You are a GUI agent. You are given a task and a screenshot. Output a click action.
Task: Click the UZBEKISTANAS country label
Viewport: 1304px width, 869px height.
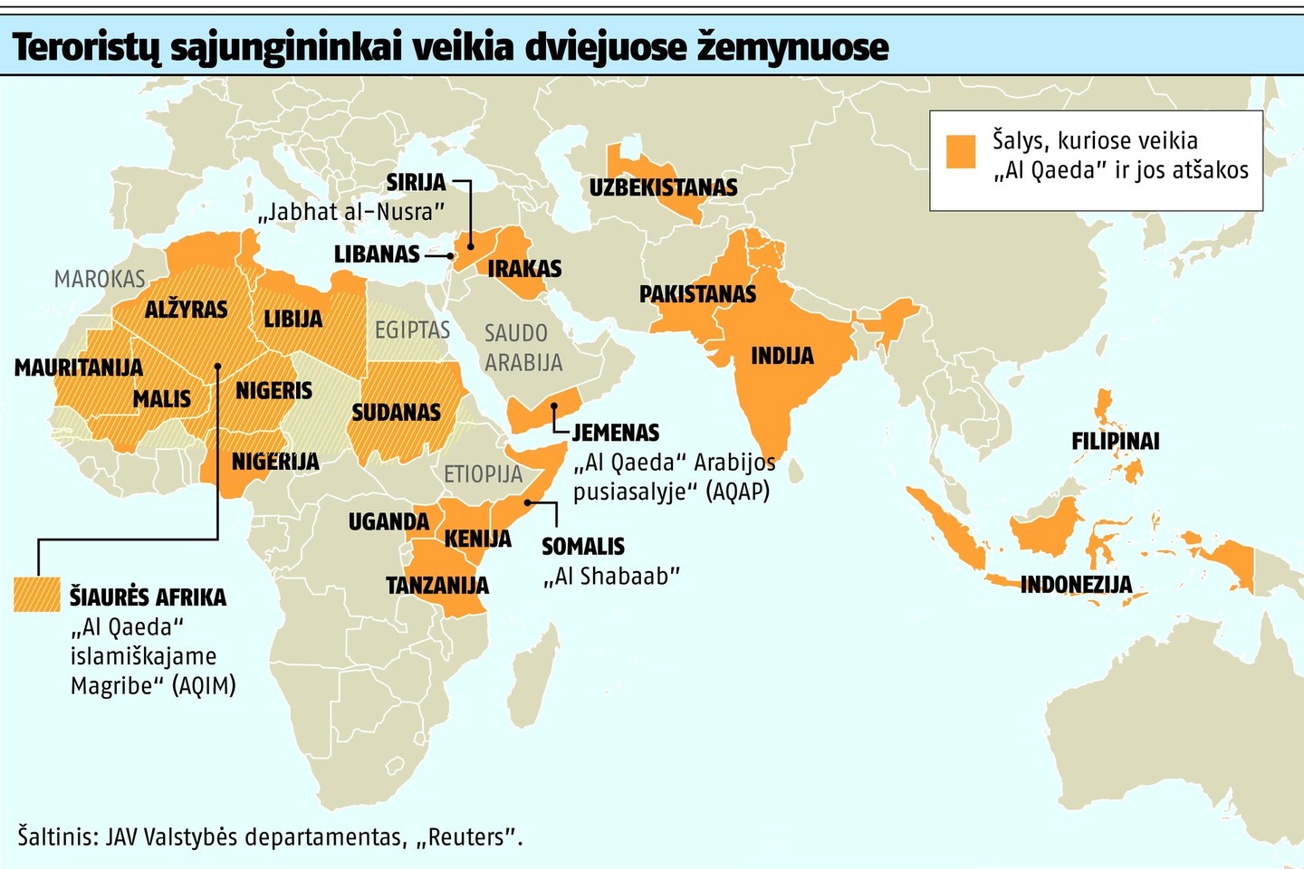tap(663, 187)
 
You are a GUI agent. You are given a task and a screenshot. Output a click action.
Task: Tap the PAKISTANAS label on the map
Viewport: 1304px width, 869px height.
tap(697, 293)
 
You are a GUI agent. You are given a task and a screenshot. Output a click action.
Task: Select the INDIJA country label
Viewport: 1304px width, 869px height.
tap(781, 356)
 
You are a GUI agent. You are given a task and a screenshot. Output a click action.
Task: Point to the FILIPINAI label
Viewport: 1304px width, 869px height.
tap(1115, 441)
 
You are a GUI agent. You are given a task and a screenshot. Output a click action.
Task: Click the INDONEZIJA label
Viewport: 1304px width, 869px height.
tap(1076, 584)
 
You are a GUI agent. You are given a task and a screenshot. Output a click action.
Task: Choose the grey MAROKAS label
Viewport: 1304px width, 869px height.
tap(100, 279)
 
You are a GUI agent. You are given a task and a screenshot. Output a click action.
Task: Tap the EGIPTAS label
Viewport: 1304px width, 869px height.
tap(412, 329)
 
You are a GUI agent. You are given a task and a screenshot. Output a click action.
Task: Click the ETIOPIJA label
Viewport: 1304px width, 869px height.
tap(483, 473)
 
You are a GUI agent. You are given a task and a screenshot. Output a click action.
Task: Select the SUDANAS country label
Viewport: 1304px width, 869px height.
tap(396, 413)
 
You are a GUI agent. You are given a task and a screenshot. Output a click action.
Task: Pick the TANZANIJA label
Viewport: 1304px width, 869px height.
tap(437, 586)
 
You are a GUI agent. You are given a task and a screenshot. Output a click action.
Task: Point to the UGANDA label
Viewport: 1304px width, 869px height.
tap(388, 521)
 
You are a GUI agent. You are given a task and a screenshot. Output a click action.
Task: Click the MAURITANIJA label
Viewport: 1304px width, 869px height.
tap(79, 368)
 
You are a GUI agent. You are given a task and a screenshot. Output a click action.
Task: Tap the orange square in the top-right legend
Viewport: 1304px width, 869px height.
tap(960, 151)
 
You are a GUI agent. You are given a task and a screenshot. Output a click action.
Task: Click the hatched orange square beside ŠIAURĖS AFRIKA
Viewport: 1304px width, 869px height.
tap(37, 594)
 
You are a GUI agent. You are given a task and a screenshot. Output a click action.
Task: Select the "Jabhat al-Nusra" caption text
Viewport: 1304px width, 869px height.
tap(351, 212)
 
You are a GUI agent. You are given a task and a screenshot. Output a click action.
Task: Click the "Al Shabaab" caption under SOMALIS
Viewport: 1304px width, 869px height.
tap(611, 576)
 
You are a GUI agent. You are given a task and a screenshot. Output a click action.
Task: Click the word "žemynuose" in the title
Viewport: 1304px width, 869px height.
tap(792, 47)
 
